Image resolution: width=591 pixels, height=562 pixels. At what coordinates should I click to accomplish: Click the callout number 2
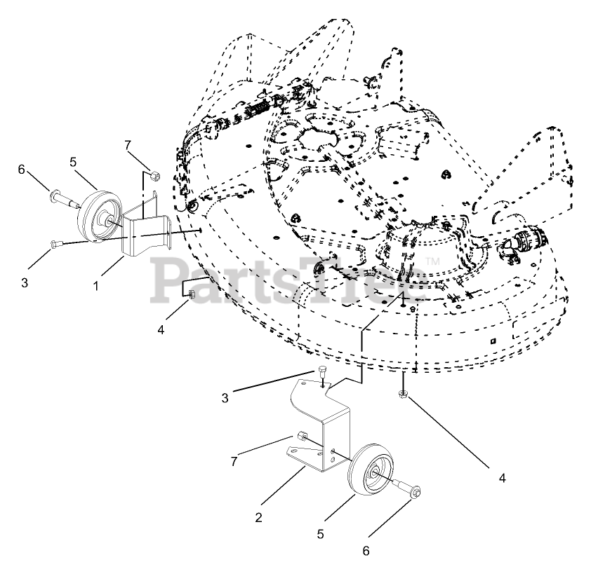[258, 519]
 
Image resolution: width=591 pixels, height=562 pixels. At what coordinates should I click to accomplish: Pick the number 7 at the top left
[128, 145]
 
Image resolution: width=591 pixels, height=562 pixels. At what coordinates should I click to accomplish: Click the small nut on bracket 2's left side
[301, 437]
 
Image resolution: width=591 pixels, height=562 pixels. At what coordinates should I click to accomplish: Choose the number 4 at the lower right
[502, 479]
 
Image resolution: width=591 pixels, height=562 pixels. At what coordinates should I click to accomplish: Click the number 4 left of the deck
[161, 329]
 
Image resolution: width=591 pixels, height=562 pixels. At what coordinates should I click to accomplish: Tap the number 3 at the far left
[24, 283]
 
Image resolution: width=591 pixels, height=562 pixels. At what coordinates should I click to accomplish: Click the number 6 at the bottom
[366, 551]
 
